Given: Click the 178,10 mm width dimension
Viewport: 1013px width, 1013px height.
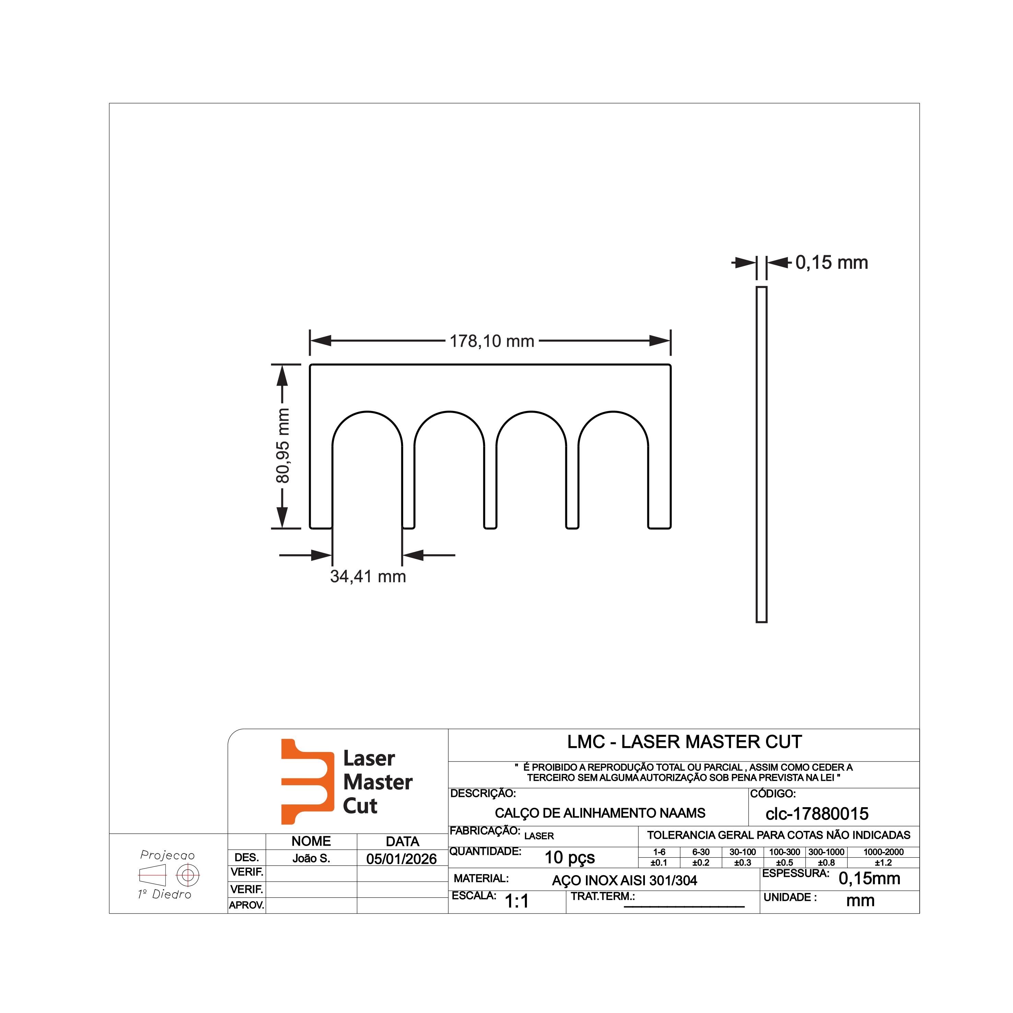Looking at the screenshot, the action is point(492,341).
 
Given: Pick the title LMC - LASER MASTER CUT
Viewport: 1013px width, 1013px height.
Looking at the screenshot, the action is point(684,742).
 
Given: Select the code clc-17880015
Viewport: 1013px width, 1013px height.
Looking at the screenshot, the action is point(817,814).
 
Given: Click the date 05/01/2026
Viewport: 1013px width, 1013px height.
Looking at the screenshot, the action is point(402,859).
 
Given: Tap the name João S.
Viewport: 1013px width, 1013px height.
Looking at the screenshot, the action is point(311,858).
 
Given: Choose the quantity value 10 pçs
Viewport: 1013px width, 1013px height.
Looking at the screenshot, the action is point(569,858).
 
